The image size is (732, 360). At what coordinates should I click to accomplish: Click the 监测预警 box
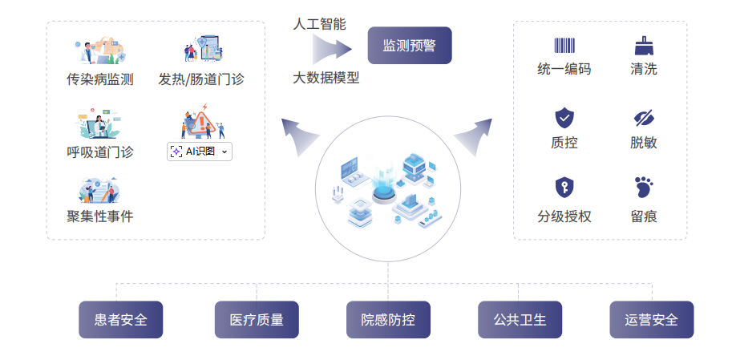(410, 46)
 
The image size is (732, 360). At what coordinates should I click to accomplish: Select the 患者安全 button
(121, 320)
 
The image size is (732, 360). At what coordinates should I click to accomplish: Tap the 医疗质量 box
(257, 320)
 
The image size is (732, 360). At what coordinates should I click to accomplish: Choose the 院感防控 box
(388, 320)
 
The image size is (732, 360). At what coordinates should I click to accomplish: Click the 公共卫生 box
(520, 320)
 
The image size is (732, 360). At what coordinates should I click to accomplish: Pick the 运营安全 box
(652, 320)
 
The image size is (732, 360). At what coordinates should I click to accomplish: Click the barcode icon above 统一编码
(564, 46)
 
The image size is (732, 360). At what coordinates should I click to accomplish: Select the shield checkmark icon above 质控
(564, 119)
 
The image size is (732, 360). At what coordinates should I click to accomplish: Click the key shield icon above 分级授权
(564, 188)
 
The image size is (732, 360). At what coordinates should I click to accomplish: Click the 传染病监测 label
(100, 79)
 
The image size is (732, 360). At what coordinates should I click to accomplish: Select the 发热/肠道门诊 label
(201, 79)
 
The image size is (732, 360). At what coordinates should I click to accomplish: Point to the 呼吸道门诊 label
(100, 152)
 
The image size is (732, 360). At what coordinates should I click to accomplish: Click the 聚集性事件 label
(100, 216)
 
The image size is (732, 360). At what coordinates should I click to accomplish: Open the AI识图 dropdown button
(200, 152)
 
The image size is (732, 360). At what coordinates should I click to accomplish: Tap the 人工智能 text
(319, 24)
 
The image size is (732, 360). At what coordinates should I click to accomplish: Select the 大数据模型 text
(326, 78)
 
